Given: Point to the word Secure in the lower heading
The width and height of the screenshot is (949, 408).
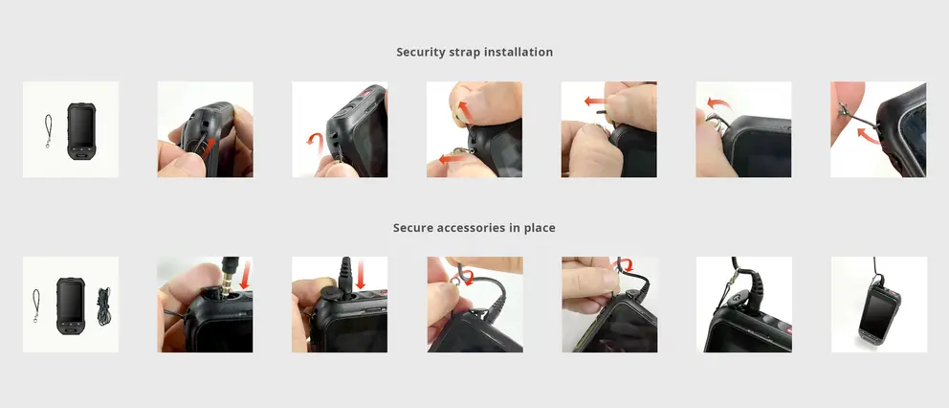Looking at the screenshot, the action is tap(412, 228).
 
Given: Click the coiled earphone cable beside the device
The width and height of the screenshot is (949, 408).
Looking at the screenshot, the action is tap(104, 306).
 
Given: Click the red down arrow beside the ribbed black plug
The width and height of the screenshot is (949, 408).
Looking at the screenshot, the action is tap(361, 274).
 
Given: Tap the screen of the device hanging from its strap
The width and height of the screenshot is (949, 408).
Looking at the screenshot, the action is tap(874, 312).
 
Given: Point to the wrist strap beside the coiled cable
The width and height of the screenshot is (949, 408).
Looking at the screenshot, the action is tap(35, 305).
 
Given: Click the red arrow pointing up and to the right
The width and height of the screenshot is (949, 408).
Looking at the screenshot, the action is tap(207, 147).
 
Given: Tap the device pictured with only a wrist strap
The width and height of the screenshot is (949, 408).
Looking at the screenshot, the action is tap(81, 131).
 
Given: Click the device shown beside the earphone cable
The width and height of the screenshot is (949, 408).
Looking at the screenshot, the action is tap(71, 306).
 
